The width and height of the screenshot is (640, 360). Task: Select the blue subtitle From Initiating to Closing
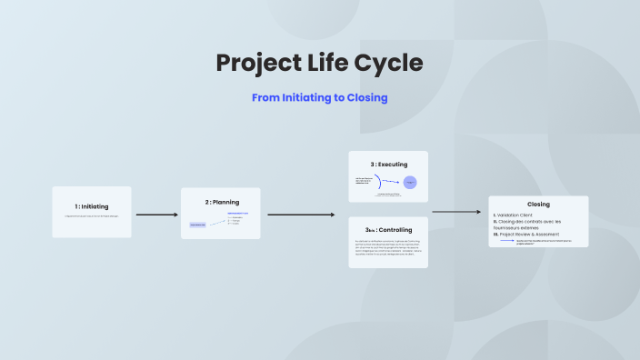click(320, 97)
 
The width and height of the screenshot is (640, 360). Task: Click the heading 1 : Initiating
click(91, 206)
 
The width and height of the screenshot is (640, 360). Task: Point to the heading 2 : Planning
click(220, 202)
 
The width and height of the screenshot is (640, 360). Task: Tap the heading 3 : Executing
click(388, 164)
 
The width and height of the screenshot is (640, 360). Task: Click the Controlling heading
click(388, 230)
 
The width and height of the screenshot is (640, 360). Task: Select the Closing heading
click(538, 204)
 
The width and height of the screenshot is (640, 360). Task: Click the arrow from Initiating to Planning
click(156, 215)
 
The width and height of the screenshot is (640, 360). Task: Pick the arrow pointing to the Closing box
click(455, 212)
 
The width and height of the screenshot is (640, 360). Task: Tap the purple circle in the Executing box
click(410, 183)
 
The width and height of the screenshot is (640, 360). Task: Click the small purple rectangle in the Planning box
click(197, 224)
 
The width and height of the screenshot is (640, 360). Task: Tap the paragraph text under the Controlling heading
click(388, 248)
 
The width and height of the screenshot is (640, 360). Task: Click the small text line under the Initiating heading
click(91, 216)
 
